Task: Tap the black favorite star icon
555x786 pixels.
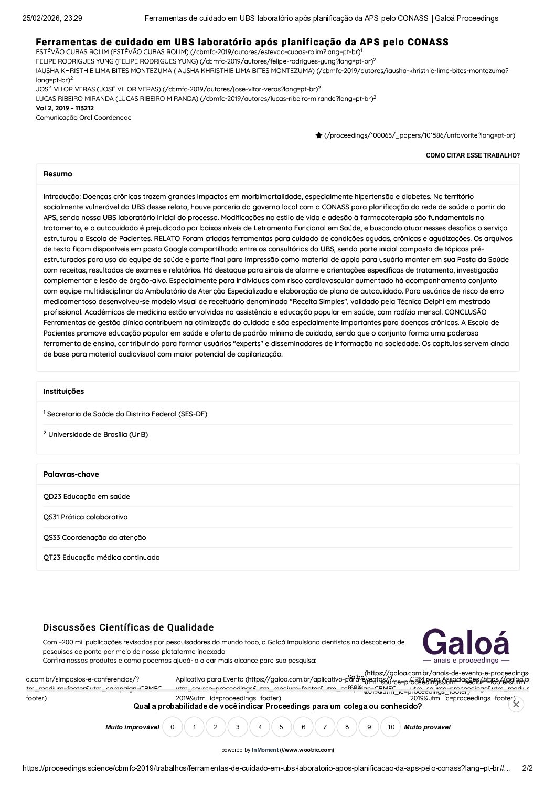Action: tap(318, 135)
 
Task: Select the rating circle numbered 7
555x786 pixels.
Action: tap(325, 727)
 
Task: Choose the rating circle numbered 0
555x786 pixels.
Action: tap(172, 727)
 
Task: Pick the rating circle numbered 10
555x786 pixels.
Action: tap(390, 727)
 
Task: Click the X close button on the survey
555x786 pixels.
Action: tap(516, 705)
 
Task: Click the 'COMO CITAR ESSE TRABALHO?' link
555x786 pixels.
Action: tap(473, 155)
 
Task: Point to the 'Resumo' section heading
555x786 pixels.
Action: tap(58, 174)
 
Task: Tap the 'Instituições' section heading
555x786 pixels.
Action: tap(63, 391)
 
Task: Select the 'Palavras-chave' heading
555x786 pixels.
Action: tap(71, 474)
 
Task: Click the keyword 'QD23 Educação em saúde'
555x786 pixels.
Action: tap(87, 496)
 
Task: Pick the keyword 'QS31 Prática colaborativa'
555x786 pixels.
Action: tap(86, 517)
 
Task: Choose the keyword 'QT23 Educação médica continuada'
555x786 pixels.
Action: tap(101, 557)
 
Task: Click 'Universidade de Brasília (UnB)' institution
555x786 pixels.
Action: tap(98, 434)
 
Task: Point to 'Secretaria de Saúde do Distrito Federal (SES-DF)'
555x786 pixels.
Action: tap(127, 414)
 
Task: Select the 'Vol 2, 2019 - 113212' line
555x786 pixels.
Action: tap(65, 108)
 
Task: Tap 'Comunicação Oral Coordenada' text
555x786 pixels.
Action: tap(83, 118)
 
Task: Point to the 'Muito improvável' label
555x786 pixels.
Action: tap(132, 727)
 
